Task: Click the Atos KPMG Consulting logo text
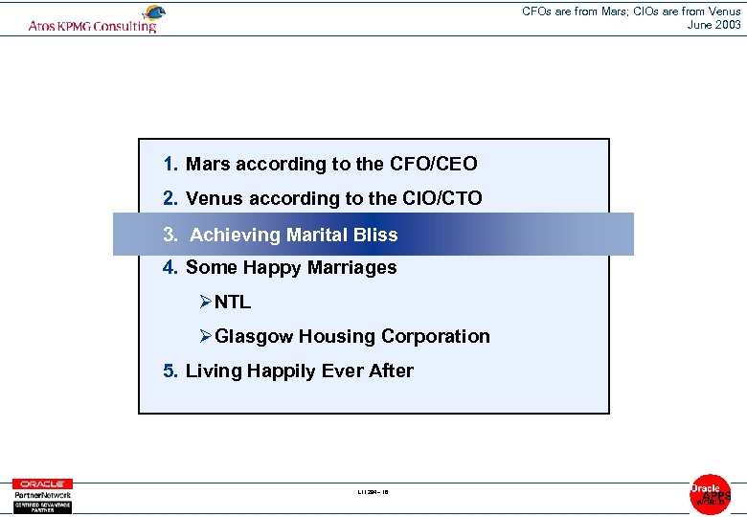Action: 92,26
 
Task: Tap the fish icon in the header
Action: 152,12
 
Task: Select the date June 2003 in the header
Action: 713,25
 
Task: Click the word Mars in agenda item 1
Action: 208,165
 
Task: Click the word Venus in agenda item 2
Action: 215,199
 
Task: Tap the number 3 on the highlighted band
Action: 170,235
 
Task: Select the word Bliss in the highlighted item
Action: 373,235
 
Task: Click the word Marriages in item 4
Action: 348,268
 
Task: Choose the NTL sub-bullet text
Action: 233,303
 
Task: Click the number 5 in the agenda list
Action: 170,371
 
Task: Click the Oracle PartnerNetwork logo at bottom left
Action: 41,495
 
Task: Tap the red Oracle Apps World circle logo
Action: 710,494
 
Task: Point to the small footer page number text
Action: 373,493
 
